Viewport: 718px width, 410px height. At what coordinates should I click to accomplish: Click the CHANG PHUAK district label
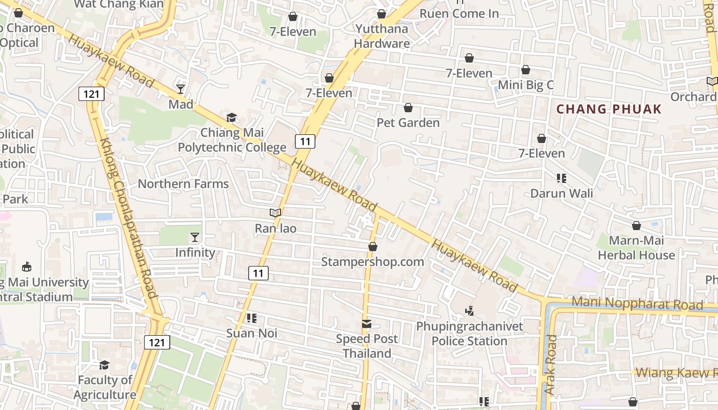pyautogui.click(x=609, y=109)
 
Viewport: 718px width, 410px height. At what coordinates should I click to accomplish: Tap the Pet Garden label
pyautogui.click(x=408, y=123)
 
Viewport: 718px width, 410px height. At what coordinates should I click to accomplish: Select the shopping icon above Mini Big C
pyautogui.click(x=526, y=70)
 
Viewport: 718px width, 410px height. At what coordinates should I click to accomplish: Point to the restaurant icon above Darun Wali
pyautogui.click(x=562, y=178)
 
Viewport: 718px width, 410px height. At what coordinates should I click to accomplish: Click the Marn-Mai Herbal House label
pyautogui.click(x=636, y=248)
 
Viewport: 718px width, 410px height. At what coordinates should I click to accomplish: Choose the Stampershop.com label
pyautogui.click(x=372, y=262)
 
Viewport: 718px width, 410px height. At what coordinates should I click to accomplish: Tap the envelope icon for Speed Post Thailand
pyautogui.click(x=367, y=324)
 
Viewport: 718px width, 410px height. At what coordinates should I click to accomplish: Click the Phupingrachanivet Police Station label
pyautogui.click(x=469, y=334)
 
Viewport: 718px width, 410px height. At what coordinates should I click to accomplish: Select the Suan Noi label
pyautogui.click(x=252, y=333)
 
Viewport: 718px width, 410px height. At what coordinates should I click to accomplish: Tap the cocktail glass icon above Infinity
pyautogui.click(x=195, y=237)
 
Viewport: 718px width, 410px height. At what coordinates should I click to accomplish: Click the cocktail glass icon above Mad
pyautogui.click(x=181, y=89)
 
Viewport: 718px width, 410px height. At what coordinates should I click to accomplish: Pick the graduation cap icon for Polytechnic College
pyautogui.click(x=232, y=118)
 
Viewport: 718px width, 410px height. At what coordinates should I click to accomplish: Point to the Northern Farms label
pyautogui.click(x=183, y=184)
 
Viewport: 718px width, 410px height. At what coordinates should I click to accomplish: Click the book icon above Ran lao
pyautogui.click(x=275, y=213)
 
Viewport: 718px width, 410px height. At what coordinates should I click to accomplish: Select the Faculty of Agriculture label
pyautogui.click(x=105, y=387)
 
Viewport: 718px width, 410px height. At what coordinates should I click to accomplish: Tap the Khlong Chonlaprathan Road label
pyautogui.click(x=128, y=218)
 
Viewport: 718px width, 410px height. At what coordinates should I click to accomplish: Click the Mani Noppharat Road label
pyautogui.click(x=637, y=303)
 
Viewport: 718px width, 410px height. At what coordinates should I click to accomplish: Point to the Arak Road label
pyautogui.click(x=550, y=364)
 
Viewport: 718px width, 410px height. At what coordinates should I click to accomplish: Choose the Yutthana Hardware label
pyautogui.click(x=382, y=36)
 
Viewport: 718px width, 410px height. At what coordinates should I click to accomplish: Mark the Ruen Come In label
pyautogui.click(x=459, y=13)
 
